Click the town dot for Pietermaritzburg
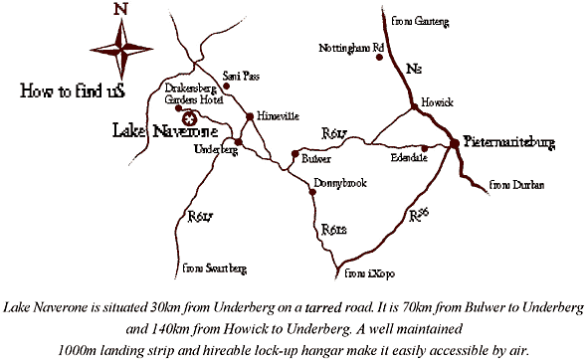(454, 143)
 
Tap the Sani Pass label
(242, 74)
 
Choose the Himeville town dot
(249, 117)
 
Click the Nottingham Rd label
(350, 47)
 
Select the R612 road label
(334, 232)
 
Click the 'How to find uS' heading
(64, 90)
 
